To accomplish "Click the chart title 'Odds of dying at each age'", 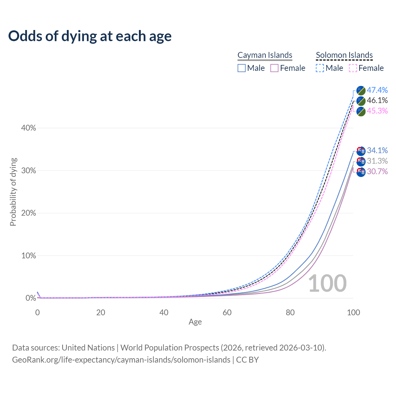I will [90, 36].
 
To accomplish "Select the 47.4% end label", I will [377, 90].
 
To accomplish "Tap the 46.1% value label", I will [377, 101].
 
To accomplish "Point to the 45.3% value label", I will [377, 111].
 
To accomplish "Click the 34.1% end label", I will [377, 151].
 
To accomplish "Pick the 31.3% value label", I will [377, 161].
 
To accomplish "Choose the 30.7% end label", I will [377, 172].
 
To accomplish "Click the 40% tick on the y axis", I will [28, 128].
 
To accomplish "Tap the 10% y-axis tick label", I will [28, 256].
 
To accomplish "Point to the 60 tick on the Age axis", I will [227, 312].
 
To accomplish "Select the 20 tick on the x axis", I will [101, 312].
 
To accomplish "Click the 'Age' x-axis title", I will [195, 322].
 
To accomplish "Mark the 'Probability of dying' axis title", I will [13, 192].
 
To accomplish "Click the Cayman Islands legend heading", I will [265, 55].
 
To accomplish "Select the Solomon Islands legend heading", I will [344, 55].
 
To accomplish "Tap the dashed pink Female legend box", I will [353, 68].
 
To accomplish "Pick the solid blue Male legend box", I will [242, 68].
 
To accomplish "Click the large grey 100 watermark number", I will [327, 283].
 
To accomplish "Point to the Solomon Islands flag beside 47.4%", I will [361, 90].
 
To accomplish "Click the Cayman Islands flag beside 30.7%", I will [361, 172].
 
